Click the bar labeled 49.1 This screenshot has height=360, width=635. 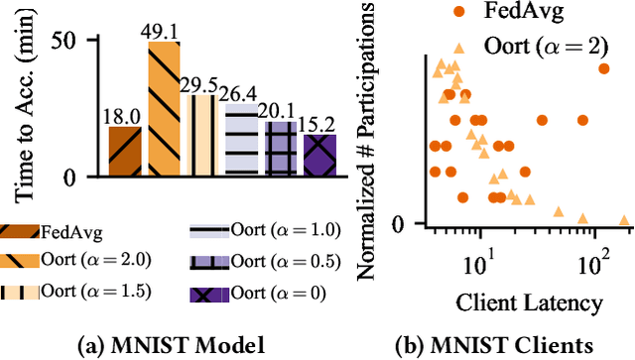click(x=164, y=110)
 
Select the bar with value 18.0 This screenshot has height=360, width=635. click(x=124, y=152)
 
